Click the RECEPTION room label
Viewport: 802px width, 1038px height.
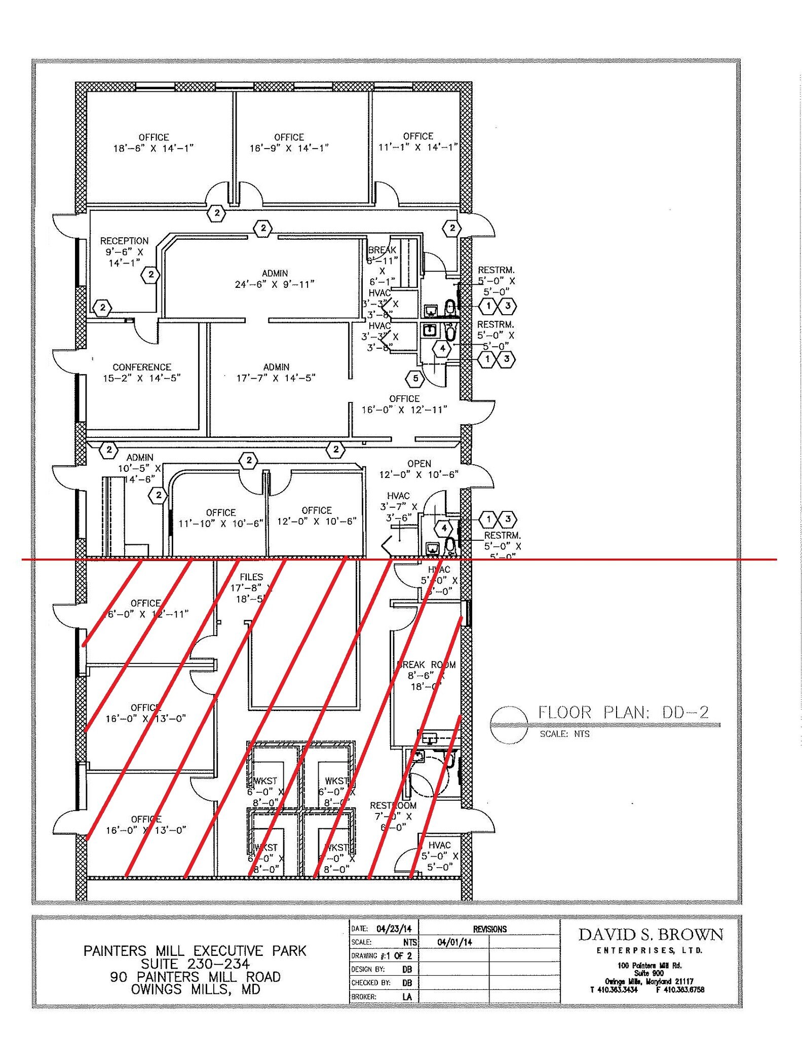click(124, 241)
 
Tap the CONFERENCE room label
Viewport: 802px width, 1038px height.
click(142, 367)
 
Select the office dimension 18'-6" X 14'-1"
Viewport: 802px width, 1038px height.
click(154, 148)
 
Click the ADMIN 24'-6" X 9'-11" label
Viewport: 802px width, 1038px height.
click(275, 279)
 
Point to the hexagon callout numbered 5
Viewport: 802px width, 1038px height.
click(415, 378)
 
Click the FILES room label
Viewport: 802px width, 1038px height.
click(251, 577)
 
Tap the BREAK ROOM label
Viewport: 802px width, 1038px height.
click(427, 664)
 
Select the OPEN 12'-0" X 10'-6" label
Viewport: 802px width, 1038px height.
click(419, 469)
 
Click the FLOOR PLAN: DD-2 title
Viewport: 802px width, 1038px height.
click(623, 712)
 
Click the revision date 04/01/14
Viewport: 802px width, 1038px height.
click(454, 942)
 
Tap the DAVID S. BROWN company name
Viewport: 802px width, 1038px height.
click(651, 934)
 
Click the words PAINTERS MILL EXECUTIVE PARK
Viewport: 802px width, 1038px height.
click(195, 950)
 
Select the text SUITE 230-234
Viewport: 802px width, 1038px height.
click(195, 963)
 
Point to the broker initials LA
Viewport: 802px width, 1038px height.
click(407, 996)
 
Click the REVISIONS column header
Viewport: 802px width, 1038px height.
click(489, 929)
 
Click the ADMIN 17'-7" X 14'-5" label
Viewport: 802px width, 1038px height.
click(276, 373)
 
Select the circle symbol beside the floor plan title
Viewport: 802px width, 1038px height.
click(509, 725)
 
